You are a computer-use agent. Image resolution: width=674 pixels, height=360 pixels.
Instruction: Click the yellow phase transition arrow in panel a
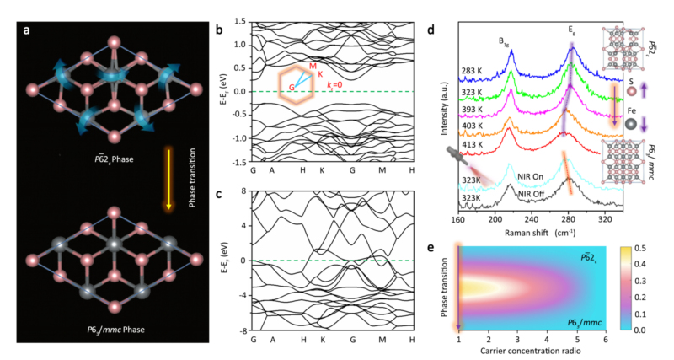point(168,179)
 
